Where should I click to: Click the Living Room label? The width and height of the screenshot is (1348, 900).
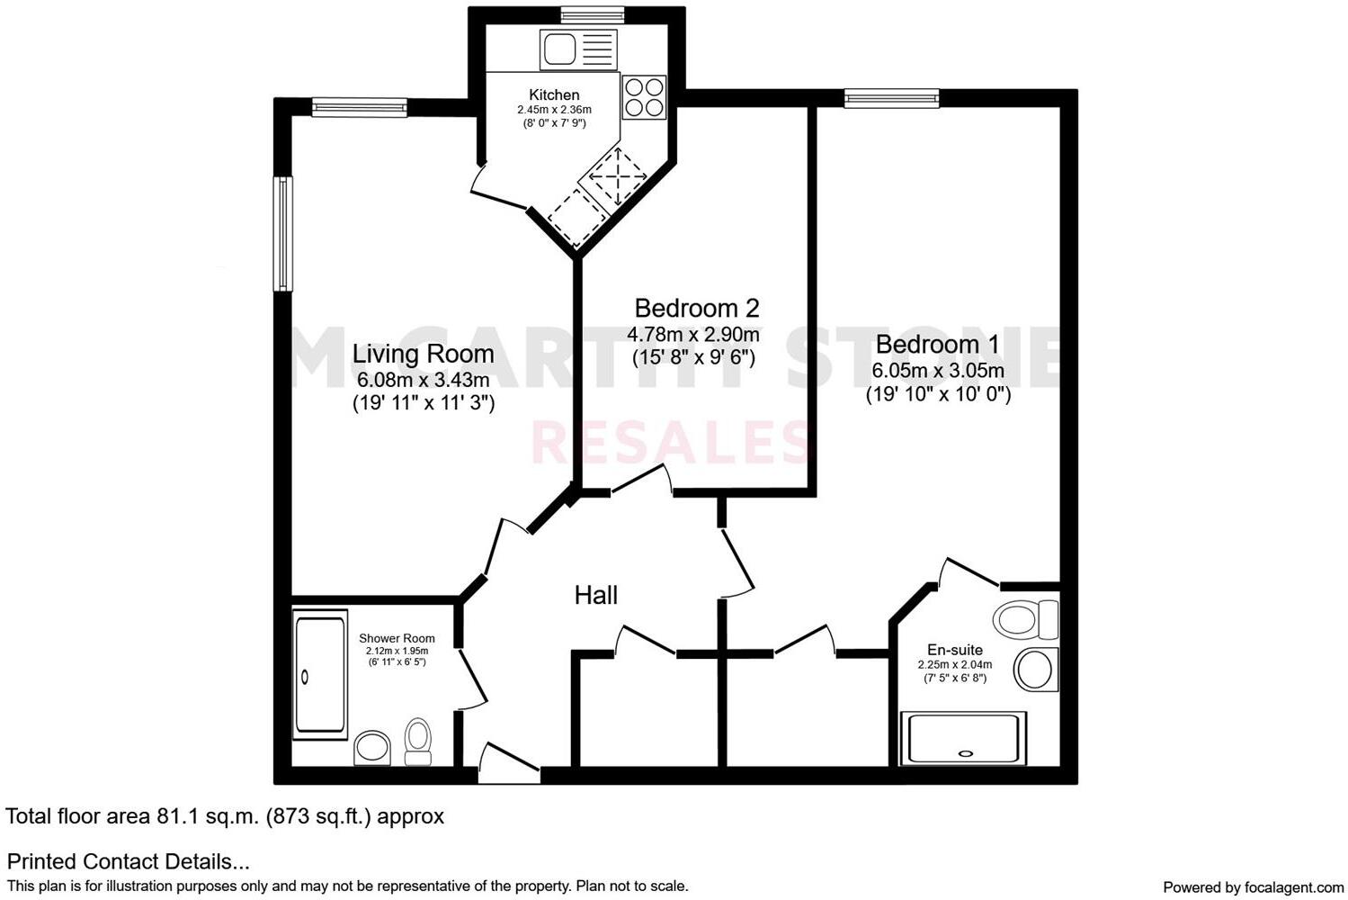click(423, 354)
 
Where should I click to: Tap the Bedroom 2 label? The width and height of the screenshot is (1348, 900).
click(696, 309)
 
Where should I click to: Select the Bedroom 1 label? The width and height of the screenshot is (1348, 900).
click(937, 345)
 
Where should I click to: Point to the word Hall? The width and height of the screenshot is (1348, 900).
click(595, 595)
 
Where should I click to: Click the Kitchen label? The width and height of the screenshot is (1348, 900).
click(554, 94)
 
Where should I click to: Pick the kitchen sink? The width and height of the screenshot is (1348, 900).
click(577, 49)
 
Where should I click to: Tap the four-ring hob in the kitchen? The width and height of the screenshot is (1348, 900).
click(644, 96)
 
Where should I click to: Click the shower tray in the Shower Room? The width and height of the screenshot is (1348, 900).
click(319, 675)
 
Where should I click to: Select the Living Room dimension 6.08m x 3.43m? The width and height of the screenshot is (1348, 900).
click(423, 380)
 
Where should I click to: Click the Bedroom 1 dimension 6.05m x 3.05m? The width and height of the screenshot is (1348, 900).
click(937, 371)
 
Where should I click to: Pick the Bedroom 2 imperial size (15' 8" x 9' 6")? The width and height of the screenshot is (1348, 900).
click(693, 357)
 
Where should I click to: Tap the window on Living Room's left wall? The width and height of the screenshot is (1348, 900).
click(283, 233)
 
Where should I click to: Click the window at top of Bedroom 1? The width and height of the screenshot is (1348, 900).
click(891, 98)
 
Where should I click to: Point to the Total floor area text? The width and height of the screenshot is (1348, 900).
click(225, 816)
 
